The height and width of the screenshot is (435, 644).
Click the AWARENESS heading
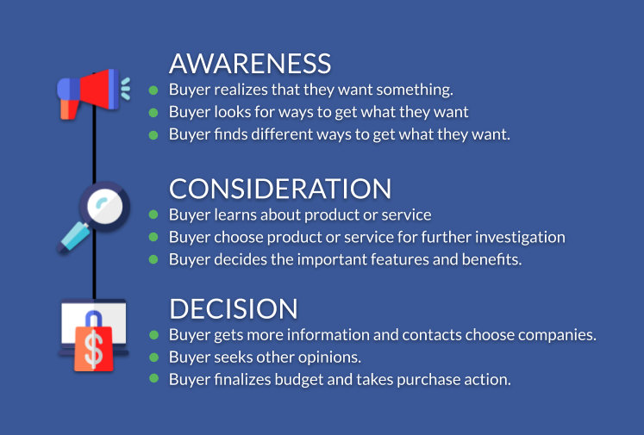point(250,64)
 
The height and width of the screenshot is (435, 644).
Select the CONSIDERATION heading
point(280,189)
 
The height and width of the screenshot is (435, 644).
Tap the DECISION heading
point(234,308)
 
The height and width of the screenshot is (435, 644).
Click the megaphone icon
point(94,94)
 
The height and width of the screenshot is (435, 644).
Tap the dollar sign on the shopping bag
point(94,349)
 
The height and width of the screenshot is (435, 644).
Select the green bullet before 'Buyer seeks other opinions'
point(154,357)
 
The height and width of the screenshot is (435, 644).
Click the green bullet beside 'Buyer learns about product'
point(153,214)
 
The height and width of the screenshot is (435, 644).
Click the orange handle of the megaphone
point(69,109)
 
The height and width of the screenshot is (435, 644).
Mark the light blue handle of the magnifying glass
point(74,238)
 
